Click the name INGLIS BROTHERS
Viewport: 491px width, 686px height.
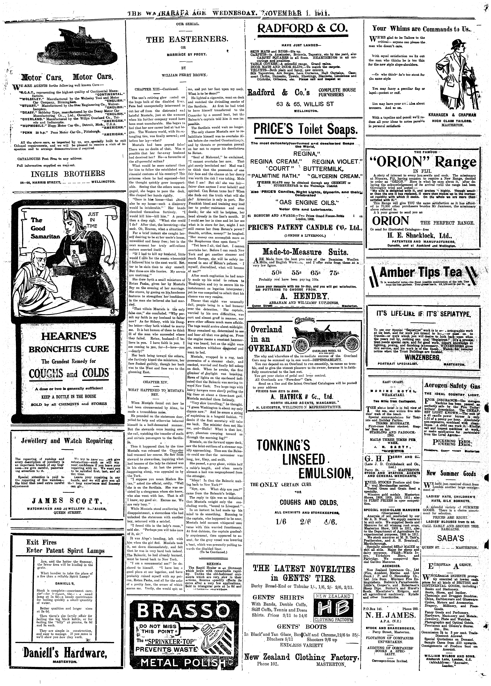tap(68, 174)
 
